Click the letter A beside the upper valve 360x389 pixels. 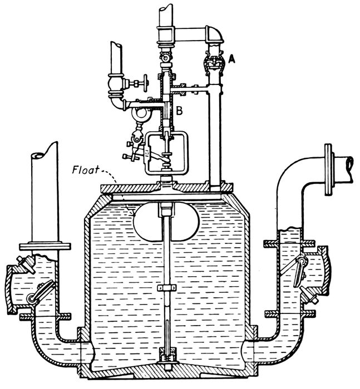pos(231,57)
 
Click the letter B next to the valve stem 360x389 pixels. pos(180,111)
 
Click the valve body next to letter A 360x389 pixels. pos(212,63)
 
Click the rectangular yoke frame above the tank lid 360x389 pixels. pos(166,152)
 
